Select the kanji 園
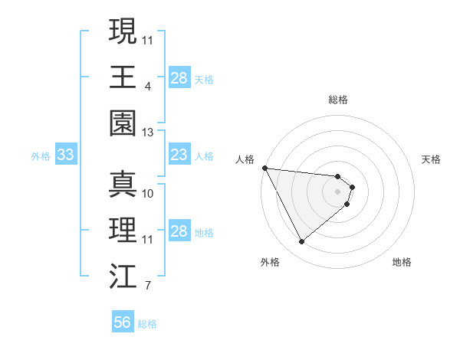(123, 123)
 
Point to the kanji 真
(123, 184)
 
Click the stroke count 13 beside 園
(148, 133)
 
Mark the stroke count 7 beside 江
(148, 286)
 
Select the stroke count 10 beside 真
(148, 193)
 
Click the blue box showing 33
(65, 155)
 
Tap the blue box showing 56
(122, 322)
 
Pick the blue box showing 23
(179, 155)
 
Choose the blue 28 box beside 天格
(179, 78)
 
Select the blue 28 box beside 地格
(179, 231)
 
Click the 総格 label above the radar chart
(338, 100)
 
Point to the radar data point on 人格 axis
(264, 168)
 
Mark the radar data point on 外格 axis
(301, 242)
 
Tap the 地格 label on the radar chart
(402, 262)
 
